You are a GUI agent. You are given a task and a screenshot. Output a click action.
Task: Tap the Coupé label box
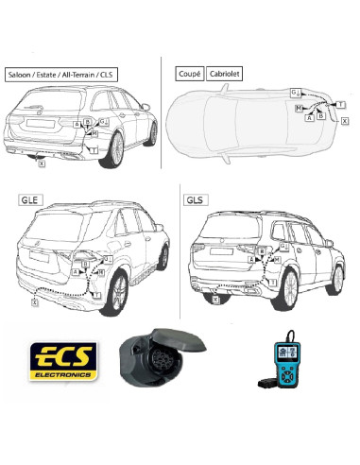point(190,72)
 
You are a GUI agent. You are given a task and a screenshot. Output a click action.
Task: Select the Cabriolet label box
point(225,72)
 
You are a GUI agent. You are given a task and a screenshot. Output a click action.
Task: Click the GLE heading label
point(29,201)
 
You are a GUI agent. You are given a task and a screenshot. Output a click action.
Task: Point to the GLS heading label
point(195,201)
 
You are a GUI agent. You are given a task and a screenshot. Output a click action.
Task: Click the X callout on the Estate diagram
point(41,164)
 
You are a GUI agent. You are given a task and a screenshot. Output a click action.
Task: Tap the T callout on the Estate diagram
point(94,149)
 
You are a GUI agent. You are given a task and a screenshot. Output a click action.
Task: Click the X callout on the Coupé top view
point(344,122)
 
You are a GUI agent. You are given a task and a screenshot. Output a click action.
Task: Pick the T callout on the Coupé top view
point(340,102)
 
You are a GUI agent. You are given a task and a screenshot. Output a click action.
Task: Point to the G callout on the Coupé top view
point(294,92)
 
